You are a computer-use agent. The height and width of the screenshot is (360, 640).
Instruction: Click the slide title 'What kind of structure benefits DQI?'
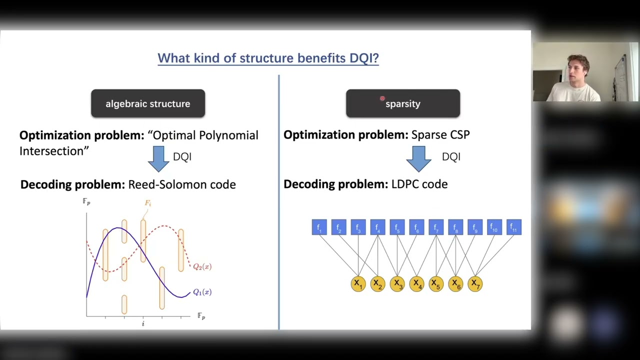(x=268, y=58)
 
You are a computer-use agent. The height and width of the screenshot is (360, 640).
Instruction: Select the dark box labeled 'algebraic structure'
(x=148, y=103)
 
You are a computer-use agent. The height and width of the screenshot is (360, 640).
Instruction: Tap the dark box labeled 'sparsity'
(x=403, y=103)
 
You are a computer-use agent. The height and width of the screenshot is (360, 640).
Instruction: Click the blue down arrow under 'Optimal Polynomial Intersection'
(x=158, y=158)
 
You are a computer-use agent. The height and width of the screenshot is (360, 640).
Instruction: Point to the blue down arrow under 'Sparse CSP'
(x=418, y=158)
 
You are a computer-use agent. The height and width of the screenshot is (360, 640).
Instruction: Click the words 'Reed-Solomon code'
(x=182, y=184)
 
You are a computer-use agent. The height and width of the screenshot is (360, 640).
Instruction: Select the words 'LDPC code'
(x=419, y=184)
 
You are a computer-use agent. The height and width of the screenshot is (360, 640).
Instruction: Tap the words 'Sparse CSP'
(x=440, y=134)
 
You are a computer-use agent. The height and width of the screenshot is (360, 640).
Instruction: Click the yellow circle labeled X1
(x=358, y=284)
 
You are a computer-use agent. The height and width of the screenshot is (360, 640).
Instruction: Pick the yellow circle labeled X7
(x=474, y=284)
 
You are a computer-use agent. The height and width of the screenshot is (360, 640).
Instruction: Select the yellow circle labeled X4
(x=416, y=284)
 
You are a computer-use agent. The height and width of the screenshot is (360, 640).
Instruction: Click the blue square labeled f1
(x=319, y=227)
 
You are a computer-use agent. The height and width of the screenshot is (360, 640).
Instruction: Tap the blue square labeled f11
(x=513, y=227)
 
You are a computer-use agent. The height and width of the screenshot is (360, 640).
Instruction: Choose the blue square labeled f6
(x=416, y=227)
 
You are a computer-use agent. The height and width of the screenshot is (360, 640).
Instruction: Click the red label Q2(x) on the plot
(x=202, y=266)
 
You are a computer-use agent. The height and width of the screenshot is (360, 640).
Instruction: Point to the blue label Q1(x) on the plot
(x=202, y=292)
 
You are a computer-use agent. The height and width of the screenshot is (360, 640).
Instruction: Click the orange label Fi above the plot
(x=148, y=203)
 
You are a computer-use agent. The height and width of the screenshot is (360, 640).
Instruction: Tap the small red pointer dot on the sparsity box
(x=382, y=99)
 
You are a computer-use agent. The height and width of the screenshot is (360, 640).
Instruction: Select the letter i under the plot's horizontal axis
(x=143, y=323)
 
